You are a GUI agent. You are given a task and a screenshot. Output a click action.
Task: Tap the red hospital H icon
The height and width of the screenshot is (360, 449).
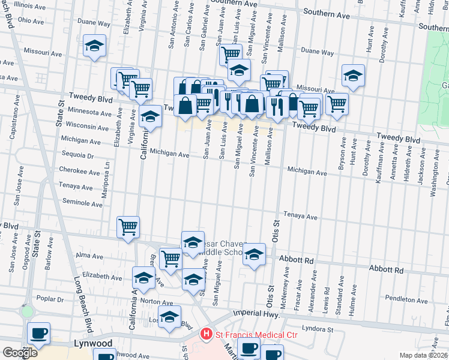206,332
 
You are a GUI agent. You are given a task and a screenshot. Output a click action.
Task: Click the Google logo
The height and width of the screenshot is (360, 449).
20,353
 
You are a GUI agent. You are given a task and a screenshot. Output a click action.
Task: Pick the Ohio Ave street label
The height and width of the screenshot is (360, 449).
31,20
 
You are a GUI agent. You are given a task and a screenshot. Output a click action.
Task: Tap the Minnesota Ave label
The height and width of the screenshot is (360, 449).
89,112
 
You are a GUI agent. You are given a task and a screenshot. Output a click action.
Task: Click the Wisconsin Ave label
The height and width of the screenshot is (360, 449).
87,127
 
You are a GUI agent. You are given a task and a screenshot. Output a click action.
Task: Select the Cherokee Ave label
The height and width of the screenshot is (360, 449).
80,171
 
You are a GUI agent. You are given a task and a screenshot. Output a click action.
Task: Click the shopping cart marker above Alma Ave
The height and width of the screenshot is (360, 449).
128,227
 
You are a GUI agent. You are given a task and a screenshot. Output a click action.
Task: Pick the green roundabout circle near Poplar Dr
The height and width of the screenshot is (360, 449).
27,311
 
